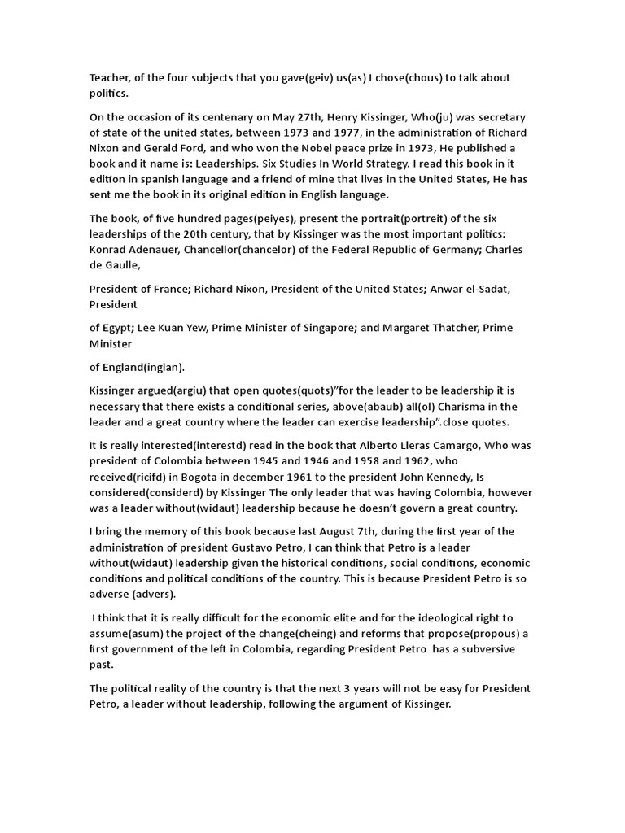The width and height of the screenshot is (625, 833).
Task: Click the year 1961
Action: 299,477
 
